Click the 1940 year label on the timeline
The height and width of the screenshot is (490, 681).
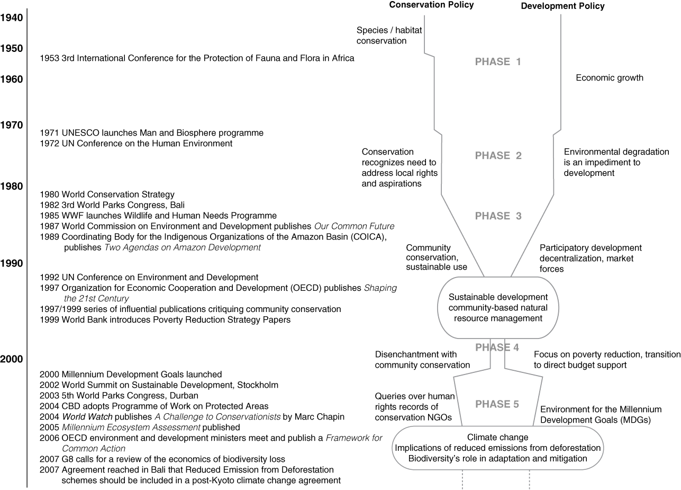(12, 18)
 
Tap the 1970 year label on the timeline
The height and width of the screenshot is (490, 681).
(12, 125)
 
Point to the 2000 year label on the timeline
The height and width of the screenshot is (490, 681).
(12, 360)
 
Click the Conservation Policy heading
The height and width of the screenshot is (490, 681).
(431, 5)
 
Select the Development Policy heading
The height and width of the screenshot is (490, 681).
(562, 6)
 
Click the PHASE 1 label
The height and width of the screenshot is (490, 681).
(498, 62)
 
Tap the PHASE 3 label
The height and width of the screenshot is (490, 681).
(498, 216)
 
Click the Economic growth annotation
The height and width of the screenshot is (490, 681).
(610, 78)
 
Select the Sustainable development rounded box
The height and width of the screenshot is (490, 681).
(497, 308)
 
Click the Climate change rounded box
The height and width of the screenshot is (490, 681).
(497, 448)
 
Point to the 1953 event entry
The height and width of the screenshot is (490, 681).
(197, 58)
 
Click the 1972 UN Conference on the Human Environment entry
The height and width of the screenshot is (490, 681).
(136, 144)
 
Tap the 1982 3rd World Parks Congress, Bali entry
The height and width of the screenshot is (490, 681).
(112, 205)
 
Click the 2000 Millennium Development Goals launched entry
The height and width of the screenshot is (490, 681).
(131, 375)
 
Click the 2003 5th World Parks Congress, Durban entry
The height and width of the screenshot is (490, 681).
(119, 396)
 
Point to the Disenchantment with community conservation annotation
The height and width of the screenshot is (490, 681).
(422, 359)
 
